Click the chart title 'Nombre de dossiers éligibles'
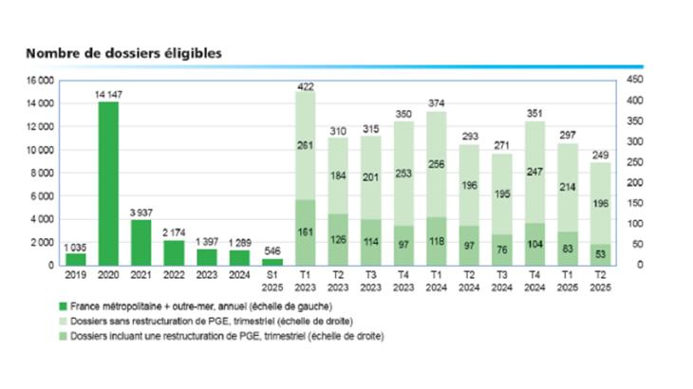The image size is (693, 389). point(123,53)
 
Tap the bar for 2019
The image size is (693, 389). point(75,259)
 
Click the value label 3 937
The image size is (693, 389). point(140,212)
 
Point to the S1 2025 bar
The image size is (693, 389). point(272,261)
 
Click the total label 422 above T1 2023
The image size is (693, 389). point(306,87)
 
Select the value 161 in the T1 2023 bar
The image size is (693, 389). point(306,232)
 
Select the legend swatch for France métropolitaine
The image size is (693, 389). point(61,306)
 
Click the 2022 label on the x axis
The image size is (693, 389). point(174,275)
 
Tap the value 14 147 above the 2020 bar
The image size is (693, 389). point(108,93)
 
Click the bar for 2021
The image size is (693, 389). point(140,242)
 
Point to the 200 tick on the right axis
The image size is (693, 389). point(637,182)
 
